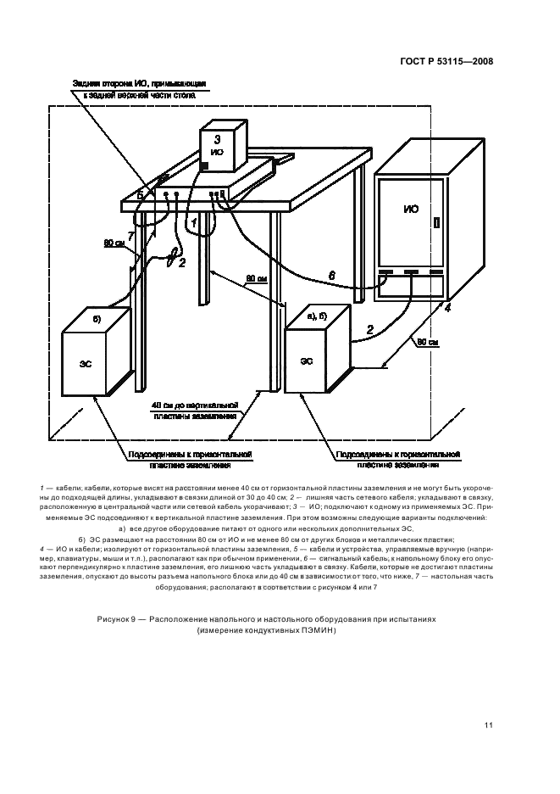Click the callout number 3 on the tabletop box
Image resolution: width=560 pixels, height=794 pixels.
coord(218,137)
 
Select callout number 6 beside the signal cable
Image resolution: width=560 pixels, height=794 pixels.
coord(331,275)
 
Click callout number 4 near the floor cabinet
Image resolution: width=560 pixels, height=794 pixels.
coord(448,308)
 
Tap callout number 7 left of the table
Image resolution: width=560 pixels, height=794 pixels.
coord(130,234)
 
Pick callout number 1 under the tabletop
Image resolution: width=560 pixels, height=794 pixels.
coord(193,222)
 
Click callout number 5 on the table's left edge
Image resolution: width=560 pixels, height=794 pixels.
coord(140,196)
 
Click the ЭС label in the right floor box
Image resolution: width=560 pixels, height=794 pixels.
coord(306,361)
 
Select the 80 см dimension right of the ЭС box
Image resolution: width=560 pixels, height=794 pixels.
coord(427,343)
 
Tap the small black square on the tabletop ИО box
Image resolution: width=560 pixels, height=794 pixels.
coord(203,164)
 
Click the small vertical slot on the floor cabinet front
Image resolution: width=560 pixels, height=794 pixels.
coord(437,224)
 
